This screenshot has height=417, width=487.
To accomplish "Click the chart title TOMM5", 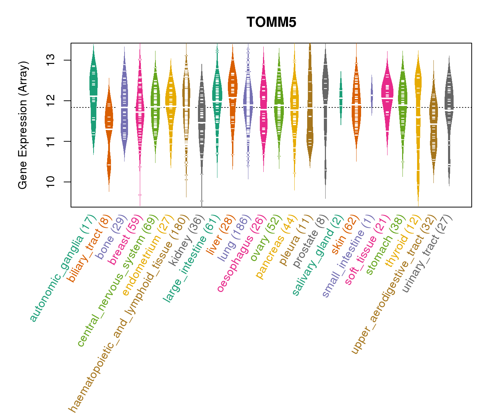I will pos(271,23).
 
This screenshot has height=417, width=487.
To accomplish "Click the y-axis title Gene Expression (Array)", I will pos(23,125).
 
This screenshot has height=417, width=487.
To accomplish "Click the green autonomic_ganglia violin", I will pos(93,97).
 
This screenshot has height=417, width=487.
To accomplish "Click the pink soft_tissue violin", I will pos(387,97).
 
